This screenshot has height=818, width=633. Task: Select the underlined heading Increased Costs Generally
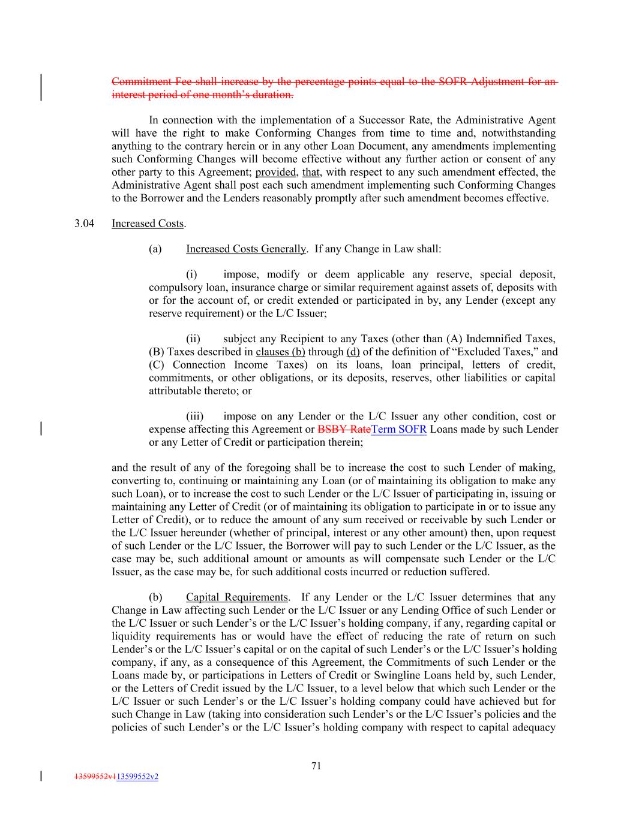245,249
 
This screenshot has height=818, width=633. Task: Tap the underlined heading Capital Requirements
236,597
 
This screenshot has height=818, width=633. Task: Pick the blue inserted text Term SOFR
399,430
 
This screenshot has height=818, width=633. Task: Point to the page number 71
317,765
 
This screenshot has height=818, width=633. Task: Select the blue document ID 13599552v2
137,777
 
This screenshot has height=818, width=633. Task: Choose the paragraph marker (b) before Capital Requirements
155,597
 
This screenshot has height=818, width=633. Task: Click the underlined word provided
276,172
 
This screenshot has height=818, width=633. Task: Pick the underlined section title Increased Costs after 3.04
148,224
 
